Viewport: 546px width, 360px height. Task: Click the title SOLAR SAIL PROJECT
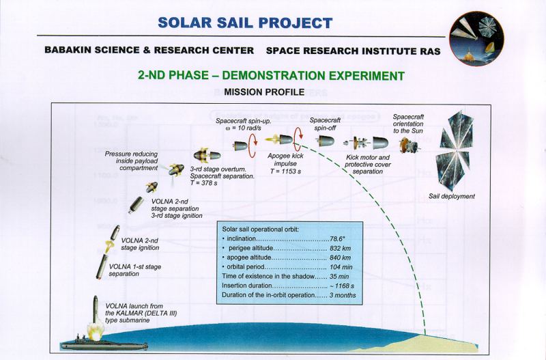245,23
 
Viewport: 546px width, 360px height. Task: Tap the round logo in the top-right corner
476,39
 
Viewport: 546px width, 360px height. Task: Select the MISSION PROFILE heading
264,92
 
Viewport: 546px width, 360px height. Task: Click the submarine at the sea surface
104,344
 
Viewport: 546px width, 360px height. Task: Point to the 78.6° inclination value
337,239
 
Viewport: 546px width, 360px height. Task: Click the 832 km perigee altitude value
340,249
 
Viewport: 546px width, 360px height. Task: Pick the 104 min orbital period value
341,267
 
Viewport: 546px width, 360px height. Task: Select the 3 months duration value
343,295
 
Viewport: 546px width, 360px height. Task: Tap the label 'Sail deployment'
452,196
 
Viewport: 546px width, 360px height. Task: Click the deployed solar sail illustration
455,151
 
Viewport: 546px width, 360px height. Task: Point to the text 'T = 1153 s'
285,171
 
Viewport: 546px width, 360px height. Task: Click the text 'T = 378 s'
203,183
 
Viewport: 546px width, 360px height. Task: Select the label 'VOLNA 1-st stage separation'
134,270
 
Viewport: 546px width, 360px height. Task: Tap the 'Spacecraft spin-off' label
325,124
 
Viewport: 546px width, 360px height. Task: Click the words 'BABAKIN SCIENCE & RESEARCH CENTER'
149,50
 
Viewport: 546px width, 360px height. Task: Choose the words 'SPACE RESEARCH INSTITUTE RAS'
353,51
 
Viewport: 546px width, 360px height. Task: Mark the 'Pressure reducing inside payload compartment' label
131,161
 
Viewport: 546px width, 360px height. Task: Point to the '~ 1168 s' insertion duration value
342,286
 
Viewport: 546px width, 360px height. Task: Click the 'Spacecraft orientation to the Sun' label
408,124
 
